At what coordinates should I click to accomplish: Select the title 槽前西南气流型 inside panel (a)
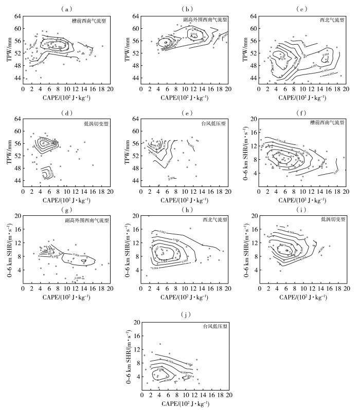tap(90, 22)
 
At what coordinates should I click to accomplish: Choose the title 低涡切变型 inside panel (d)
tap(93, 123)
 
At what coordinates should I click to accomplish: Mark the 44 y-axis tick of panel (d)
tap(17, 181)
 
